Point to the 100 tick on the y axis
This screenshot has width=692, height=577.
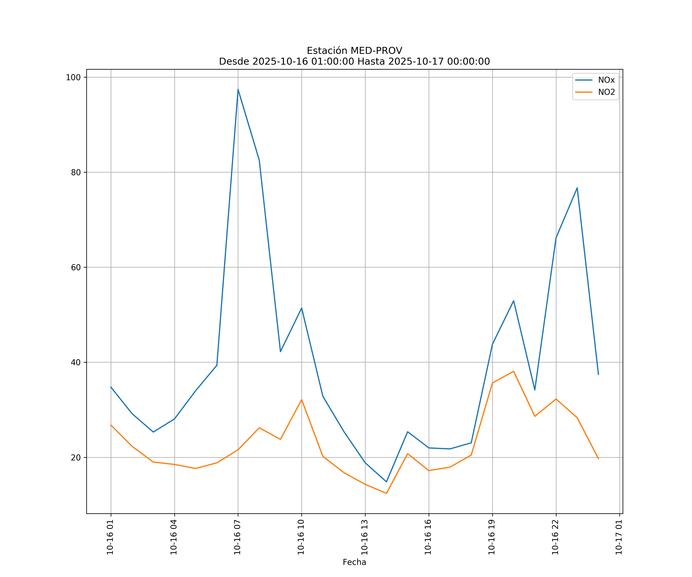(x=73, y=78)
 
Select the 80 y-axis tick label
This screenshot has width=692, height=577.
(x=76, y=173)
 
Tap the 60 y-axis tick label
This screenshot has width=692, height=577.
(x=76, y=267)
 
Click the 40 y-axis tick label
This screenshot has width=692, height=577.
(x=76, y=362)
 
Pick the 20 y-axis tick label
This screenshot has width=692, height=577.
(x=76, y=458)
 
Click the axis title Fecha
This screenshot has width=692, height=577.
(x=354, y=562)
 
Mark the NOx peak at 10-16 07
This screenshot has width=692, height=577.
(x=238, y=89)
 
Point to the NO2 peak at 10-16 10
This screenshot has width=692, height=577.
(x=302, y=400)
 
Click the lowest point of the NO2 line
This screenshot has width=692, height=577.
(x=386, y=493)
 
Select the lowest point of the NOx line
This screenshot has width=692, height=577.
(x=386, y=482)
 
